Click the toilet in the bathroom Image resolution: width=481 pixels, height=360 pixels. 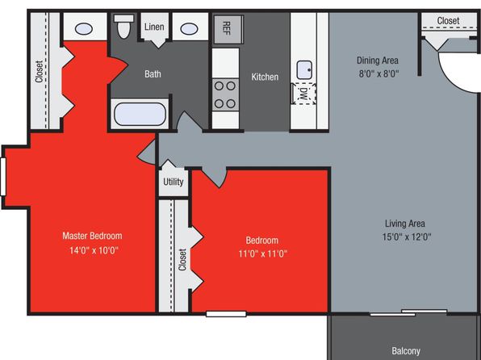(x=124, y=26)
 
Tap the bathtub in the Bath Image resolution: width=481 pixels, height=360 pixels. (x=140, y=114)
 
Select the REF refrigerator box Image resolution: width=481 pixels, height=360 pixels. (x=228, y=29)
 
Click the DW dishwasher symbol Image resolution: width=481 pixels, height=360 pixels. (x=303, y=94)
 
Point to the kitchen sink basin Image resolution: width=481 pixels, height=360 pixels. (x=304, y=69)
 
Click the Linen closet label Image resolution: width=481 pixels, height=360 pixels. (x=154, y=27)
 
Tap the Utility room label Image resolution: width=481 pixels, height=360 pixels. (x=174, y=182)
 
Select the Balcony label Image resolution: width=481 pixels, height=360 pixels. (x=406, y=351)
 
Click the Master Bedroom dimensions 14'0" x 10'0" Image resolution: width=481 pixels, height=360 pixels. (x=94, y=250)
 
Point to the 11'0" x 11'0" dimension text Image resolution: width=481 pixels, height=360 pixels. (x=263, y=253)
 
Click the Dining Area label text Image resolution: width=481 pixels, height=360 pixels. (x=378, y=61)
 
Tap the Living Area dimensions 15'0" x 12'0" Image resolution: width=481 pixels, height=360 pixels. (x=407, y=237)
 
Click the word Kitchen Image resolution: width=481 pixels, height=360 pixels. (x=265, y=77)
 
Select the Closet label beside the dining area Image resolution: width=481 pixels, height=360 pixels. (x=448, y=21)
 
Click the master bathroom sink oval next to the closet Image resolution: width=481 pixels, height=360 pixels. (x=84, y=29)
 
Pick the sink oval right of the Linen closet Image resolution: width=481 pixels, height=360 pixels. (x=189, y=29)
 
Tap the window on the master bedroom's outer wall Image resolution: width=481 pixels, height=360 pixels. (x=3, y=177)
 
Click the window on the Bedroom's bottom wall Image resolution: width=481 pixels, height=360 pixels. (x=226, y=314)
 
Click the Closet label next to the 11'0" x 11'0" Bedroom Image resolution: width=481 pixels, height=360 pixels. (x=182, y=260)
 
